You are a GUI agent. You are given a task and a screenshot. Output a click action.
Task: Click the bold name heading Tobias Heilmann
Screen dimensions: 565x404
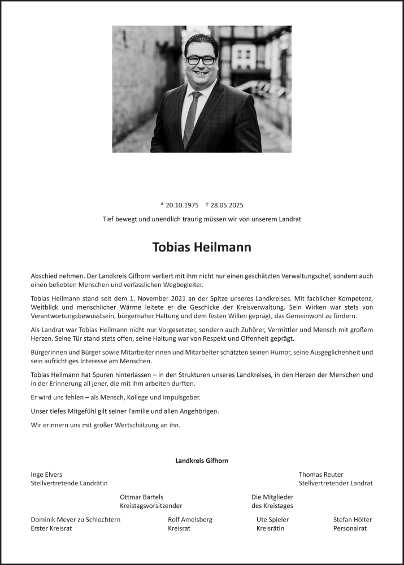[x=202, y=247]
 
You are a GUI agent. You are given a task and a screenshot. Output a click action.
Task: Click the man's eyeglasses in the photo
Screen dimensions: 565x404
[x=201, y=59]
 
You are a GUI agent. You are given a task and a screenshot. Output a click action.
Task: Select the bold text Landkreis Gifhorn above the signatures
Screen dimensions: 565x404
[x=202, y=461]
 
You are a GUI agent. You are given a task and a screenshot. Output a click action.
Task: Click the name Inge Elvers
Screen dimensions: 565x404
[x=46, y=475]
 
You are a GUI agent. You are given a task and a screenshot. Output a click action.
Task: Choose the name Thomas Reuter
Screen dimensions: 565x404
[x=320, y=475]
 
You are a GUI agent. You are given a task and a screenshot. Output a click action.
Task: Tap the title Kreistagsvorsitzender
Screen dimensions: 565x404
[x=151, y=506]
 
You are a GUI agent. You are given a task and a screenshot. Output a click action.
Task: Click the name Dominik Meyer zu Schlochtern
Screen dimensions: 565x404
[x=75, y=520]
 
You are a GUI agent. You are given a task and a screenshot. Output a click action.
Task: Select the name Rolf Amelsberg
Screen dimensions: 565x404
[x=190, y=520]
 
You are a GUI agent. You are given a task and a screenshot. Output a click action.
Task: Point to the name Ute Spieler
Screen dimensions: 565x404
[x=272, y=520]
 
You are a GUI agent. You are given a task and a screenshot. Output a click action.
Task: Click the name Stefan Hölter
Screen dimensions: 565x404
[x=353, y=520]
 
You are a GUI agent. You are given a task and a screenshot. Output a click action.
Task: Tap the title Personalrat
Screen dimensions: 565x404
[x=350, y=528]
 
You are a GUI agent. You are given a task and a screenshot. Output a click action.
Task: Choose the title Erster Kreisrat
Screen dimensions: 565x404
[x=51, y=528]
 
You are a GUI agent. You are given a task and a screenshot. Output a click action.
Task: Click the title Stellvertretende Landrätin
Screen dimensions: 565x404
[x=69, y=483]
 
